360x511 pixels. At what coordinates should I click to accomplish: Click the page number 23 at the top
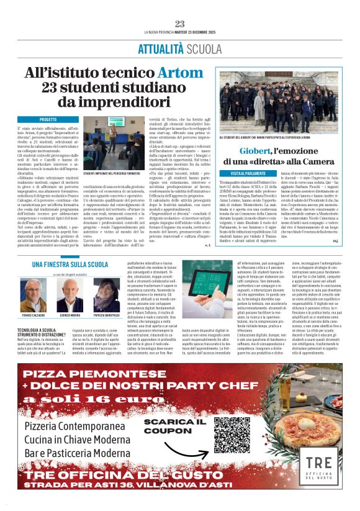[179, 24]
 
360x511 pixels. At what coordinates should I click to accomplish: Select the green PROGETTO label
[48, 119]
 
